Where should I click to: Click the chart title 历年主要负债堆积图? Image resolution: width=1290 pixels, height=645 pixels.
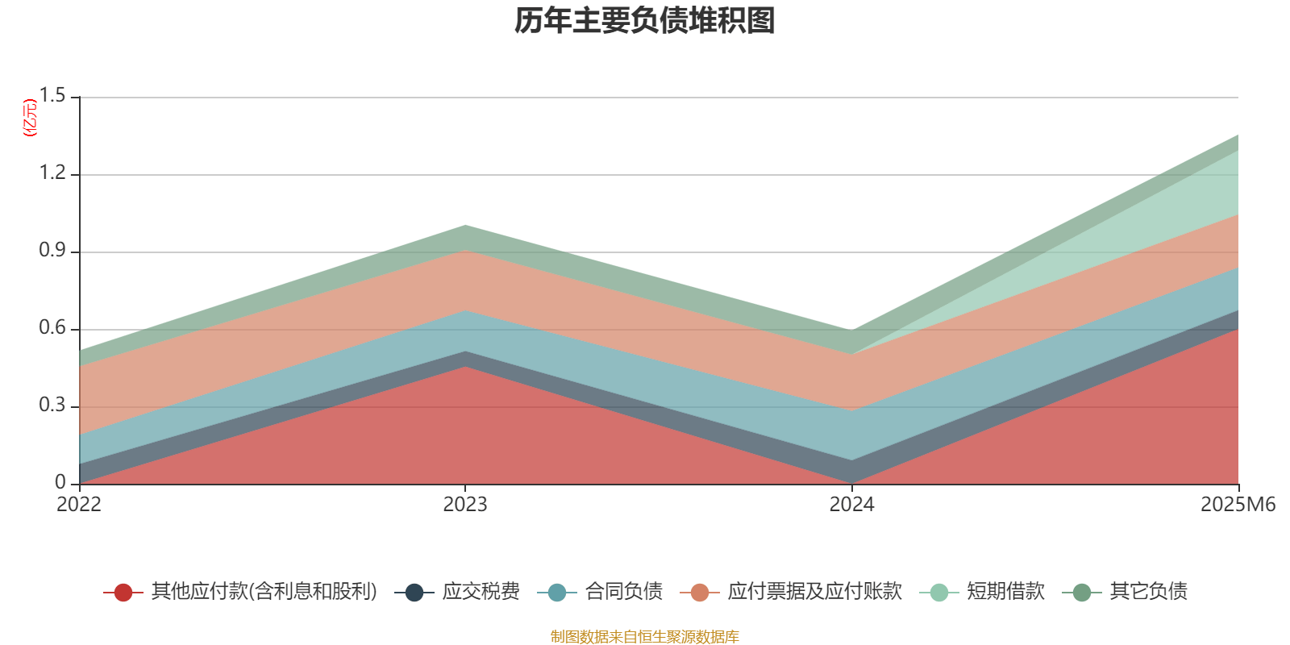(645, 21)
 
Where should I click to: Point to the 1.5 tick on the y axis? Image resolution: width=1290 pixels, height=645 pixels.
(53, 96)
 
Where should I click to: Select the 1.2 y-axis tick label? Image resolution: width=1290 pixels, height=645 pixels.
(53, 173)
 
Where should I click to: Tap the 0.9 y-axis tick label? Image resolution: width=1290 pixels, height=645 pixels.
(53, 251)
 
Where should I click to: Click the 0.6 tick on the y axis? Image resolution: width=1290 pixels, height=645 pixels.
(53, 328)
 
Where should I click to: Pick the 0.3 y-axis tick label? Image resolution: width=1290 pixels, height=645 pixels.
(53, 406)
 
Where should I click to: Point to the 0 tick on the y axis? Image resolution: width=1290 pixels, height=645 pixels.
(60, 483)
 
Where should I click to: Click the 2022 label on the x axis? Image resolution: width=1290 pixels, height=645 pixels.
(79, 505)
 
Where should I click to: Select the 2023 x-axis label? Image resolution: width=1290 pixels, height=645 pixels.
(465, 505)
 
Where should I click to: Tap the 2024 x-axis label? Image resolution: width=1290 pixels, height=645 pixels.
(851, 505)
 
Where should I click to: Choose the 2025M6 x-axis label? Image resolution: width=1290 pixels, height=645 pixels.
(1238, 505)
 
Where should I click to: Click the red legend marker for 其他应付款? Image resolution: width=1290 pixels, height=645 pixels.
(123, 593)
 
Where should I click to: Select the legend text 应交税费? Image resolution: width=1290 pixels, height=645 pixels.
(481, 592)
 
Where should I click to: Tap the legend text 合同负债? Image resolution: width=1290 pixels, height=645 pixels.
(623, 592)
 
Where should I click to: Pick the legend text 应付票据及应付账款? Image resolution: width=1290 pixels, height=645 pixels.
(814, 592)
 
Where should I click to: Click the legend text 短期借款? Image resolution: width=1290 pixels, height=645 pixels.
(1005, 592)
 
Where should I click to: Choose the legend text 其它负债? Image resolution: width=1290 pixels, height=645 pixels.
(1148, 592)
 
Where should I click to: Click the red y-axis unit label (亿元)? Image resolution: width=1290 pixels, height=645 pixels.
(29, 118)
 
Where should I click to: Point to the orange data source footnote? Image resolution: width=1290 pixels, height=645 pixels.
(644, 637)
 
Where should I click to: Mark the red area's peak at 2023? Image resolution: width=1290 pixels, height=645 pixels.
(465, 368)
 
